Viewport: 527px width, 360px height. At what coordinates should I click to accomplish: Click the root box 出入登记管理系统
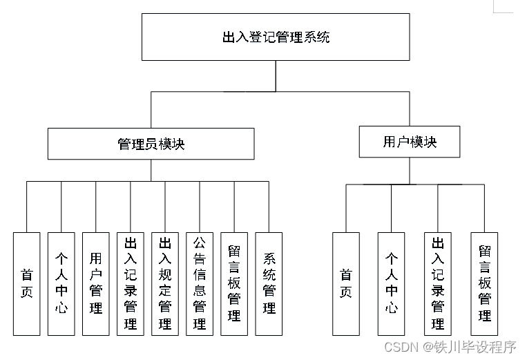pos(276,37)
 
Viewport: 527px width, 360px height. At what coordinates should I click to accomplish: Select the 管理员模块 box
pos(151,144)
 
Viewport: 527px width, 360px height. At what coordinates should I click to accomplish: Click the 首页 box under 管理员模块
pos(27,283)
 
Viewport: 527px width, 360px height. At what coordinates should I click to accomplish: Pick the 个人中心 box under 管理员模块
pos(61,283)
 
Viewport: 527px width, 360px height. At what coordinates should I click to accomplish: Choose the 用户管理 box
pos(95,283)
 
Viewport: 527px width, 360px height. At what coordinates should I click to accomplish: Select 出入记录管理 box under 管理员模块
pos(130,283)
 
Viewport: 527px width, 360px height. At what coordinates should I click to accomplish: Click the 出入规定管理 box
pos(165,283)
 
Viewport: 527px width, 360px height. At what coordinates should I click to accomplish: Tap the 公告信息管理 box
pos(200,283)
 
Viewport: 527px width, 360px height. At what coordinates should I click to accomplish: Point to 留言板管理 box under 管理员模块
pos(234,283)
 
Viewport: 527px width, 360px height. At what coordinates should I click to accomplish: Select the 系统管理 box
pos(269,283)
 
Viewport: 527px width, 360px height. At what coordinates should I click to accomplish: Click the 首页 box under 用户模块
pos(346,283)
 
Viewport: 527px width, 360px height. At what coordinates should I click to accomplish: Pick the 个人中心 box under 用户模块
pos(392,283)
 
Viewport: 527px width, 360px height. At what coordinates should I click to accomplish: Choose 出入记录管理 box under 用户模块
pos(438,283)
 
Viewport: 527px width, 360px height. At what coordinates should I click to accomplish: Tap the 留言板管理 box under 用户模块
pos(484,283)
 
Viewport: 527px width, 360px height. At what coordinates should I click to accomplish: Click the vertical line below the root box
pos(276,75)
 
